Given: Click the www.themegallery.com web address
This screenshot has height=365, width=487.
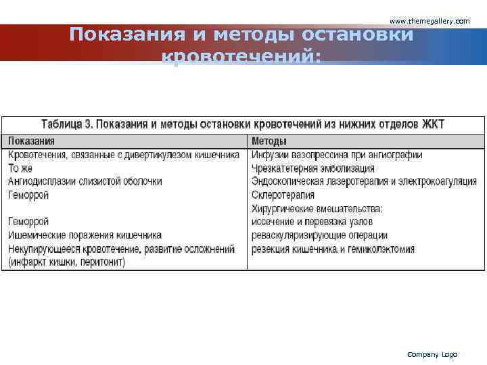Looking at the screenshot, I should pos(430,22).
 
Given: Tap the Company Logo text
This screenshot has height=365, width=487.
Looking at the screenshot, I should pos(432,354).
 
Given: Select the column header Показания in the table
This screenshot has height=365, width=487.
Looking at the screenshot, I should pos(32,141).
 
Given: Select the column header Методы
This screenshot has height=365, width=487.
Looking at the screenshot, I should pos(269,141).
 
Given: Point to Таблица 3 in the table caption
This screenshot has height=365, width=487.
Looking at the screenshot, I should pos(68,124).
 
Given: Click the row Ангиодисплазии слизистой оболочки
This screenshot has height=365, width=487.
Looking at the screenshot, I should pos(85,181).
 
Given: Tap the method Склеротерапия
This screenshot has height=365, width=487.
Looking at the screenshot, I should pos(283,195).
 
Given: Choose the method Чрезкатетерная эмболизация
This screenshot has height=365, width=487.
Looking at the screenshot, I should pos(312,168).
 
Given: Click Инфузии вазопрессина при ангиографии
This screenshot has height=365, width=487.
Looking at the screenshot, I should pos(337,155).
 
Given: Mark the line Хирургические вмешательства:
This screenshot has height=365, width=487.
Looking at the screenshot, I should pos(317,209).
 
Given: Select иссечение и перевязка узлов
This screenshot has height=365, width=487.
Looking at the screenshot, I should pos(312,222).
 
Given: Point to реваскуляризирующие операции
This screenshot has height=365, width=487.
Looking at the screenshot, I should pos(319,235).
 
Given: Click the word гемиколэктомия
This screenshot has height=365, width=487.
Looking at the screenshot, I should pos(382,249).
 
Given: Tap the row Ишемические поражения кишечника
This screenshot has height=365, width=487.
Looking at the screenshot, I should pos(85,235).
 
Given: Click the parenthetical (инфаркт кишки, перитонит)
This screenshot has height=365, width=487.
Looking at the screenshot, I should pos(66,262).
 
